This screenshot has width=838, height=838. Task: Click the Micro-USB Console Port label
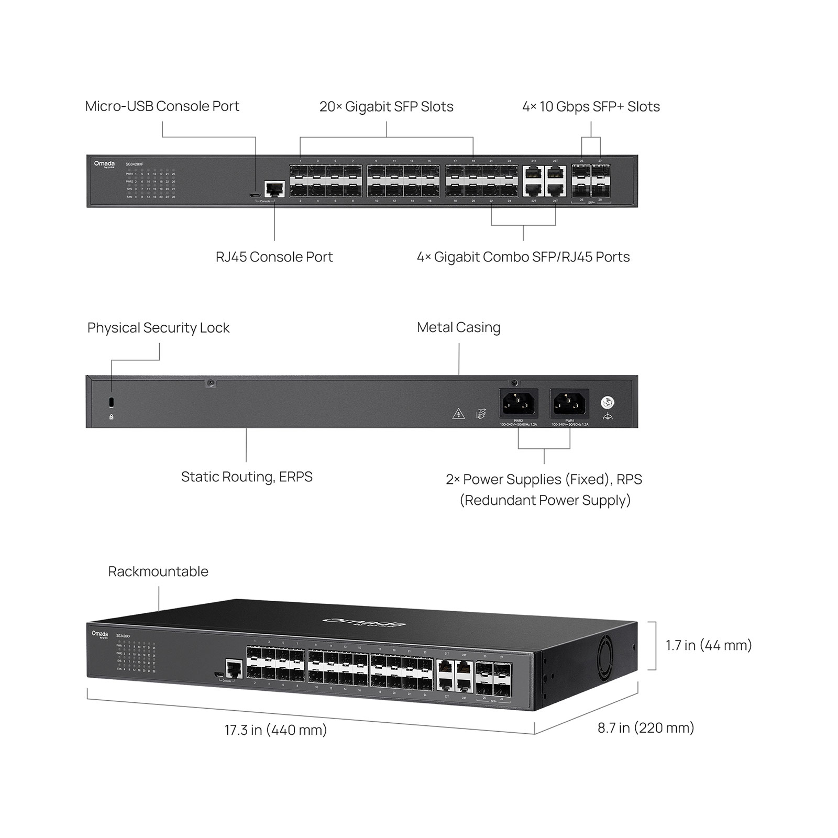(x=162, y=106)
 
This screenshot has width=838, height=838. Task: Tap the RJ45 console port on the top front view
(x=274, y=189)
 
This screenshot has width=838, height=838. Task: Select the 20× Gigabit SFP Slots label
(x=386, y=107)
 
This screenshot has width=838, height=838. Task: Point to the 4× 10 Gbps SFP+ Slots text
(x=591, y=107)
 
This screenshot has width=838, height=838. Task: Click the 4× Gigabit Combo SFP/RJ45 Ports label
(x=523, y=257)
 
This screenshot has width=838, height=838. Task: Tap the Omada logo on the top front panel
(x=104, y=164)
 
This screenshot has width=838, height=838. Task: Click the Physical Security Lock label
(x=158, y=328)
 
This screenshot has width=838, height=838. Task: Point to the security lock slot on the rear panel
(x=111, y=402)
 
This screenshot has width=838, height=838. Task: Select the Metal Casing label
(x=458, y=328)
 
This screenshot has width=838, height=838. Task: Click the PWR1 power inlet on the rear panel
(x=569, y=403)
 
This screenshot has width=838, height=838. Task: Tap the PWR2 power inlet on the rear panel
(x=518, y=403)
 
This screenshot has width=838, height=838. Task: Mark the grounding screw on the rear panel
(x=608, y=403)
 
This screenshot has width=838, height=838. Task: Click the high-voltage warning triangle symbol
(x=458, y=414)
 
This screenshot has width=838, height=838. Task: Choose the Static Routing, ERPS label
(x=247, y=477)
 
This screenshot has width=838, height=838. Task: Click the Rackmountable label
(x=158, y=571)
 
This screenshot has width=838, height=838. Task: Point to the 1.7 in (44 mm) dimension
(x=709, y=645)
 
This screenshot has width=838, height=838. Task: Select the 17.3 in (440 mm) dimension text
(x=275, y=730)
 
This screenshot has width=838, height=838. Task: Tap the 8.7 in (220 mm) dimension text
(x=646, y=728)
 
